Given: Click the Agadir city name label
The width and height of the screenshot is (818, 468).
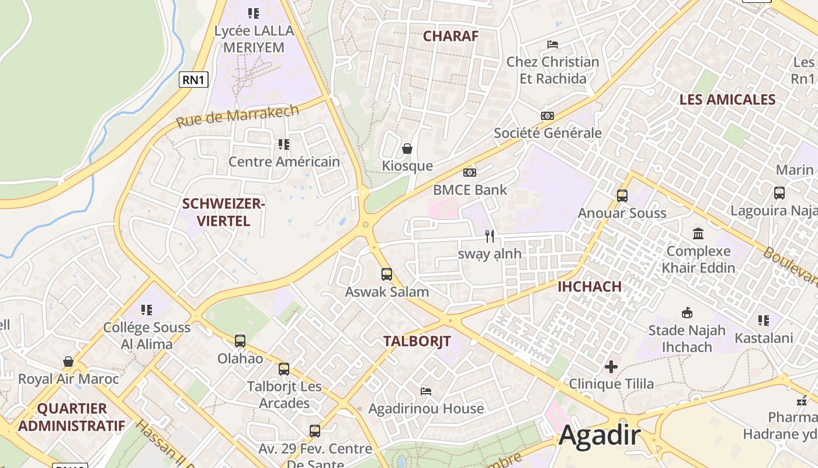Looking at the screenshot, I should tap(599, 436).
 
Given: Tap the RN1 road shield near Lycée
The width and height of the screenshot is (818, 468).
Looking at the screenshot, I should tap(193, 79).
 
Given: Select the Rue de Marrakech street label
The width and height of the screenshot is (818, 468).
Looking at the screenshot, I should tap(237, 116).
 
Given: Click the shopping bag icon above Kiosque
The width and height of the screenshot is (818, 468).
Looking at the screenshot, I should tap(407, 149).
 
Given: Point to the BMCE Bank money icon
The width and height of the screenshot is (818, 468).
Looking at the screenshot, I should tap(470, 173).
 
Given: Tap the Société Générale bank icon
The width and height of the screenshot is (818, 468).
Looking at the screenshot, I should tap(547, 116).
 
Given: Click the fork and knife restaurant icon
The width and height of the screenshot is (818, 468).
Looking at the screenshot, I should tap(490, 236).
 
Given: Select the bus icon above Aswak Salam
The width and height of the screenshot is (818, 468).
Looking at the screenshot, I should tap(386, 274).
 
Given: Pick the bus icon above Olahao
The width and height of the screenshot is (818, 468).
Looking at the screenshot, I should tap(240, 341).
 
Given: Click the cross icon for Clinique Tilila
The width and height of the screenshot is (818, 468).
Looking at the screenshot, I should tap(611, 367).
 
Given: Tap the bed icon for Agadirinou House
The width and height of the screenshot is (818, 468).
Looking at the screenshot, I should tap(426, 391).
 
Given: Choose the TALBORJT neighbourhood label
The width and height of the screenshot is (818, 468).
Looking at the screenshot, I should tap(417, 342).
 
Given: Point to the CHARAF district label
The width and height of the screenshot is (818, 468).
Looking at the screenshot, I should tap(450, 36).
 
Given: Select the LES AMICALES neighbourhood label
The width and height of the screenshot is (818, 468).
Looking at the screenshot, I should tap(727, 99).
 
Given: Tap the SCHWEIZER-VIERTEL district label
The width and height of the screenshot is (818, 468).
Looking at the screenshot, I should tap(224, 212).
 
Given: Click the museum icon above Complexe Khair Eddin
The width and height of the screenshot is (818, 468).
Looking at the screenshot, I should tap(698, 234).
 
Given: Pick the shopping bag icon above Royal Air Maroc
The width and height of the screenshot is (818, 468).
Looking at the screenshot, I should tap(68, 362).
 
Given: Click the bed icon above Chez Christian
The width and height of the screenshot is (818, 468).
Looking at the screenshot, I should tap(553, 44).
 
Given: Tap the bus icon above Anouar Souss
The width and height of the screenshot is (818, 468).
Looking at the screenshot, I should tap(622, 196).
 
